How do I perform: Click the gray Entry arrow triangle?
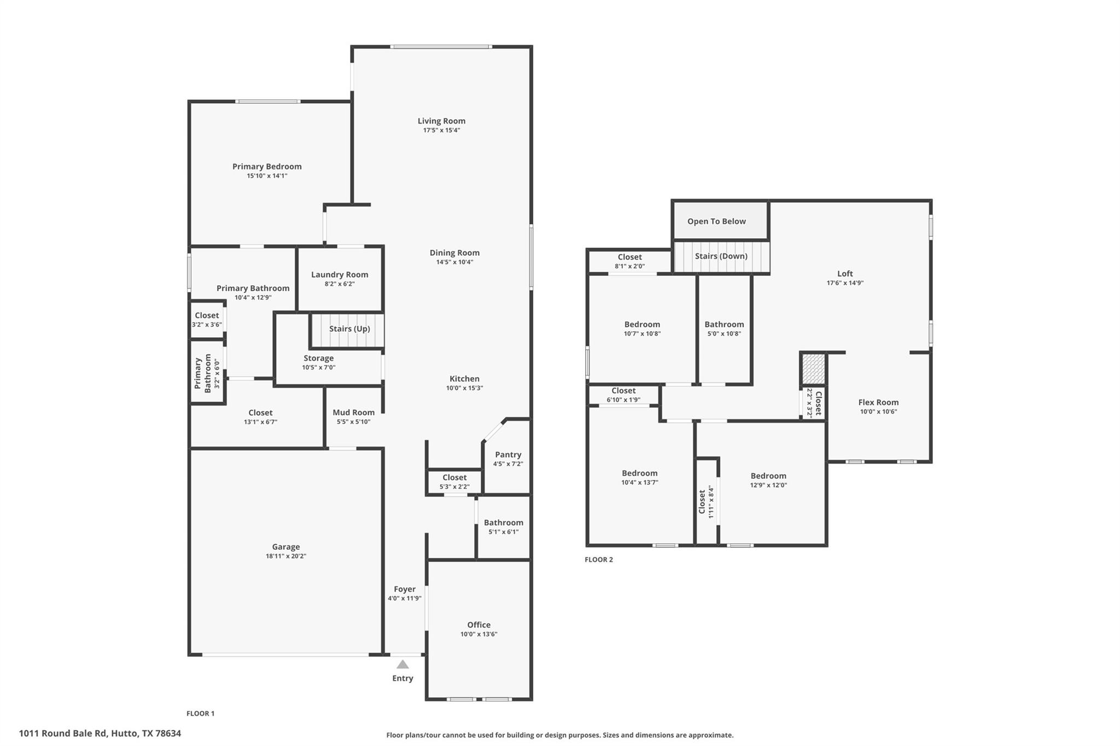pyautogui.click(x=402, y=664)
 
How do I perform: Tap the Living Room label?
pyautogui.click(x=441, y=121)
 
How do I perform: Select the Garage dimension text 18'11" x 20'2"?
pyautogui.click(x=286, y=556)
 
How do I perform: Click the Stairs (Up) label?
pyautogui.click(x=349, y=328)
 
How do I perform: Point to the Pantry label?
pyautogui.click(x=508, y=455)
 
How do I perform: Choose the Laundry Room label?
pyautogui.click(x=340, y=274)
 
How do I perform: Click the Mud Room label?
pyautogui.click(x=353, y=413)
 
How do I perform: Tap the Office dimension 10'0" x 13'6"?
pyautogui.click(x=479, y=634)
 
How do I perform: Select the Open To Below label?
pyautogui.click(x=716, y=221)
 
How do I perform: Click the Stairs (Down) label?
pyautogui.click(x=721, y=256)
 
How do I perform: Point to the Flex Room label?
pyautogui.click(x=878, y=402)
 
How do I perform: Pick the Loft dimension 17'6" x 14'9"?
pyautogui.click(x=845, y=283)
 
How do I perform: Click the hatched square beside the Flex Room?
pyautogui.click(x=813, y=368)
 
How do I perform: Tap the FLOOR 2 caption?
pyautogui.click(x=599, y=560)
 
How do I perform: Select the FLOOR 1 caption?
pyautogui.click(x=201, y=713)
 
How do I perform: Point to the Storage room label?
pyautogui.click(x=318, y=358)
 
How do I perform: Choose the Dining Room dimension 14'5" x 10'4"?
pyautogui.click(x=454, y=262)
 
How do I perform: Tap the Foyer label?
pyautogui.click(x=405, y=589)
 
